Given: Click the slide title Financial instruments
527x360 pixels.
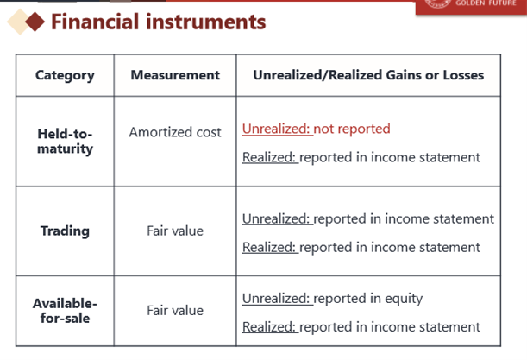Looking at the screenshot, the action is pos(159,22).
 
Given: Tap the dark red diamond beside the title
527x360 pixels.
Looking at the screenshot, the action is pos(35,22).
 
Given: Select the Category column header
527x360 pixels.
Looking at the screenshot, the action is pos(65,75).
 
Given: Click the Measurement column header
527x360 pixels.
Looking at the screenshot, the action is pos(175,75).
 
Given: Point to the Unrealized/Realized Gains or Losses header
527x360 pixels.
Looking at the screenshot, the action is pos(368,75).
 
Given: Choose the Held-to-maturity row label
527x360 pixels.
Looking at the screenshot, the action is pos(65,142).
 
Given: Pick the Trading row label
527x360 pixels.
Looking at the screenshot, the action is pos(65,231).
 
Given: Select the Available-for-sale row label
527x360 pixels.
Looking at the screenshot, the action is pos(65,311).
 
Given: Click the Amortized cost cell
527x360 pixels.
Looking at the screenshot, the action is pos(175,132).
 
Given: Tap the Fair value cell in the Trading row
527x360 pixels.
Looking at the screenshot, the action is pos(175,231).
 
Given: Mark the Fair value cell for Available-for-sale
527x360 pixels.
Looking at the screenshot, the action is pos(175,310).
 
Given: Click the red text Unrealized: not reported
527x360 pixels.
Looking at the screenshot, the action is pos(317,129).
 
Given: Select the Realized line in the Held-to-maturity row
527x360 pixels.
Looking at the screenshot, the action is pos(361,157).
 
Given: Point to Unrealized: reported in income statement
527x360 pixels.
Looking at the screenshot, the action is pos(368,219).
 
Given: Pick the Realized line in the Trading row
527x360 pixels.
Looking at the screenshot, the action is pos(361,248).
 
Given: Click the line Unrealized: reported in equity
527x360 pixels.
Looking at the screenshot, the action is pos(332,299).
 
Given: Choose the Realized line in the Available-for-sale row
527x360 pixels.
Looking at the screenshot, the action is pos(361,327).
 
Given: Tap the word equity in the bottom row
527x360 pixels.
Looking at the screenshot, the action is pos(404,299).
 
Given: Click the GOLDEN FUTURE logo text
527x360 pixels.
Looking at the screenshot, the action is pos(486,3).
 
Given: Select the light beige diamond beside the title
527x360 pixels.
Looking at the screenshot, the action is pos(16,22).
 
